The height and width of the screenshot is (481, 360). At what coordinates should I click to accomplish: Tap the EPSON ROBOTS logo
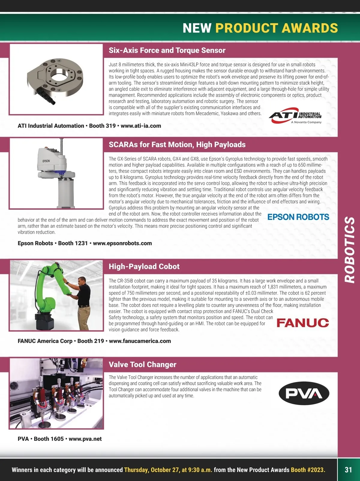[298, 217]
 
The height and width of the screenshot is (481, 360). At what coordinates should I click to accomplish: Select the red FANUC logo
[302, 323]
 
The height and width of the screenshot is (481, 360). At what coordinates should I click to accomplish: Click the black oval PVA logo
[304, 393]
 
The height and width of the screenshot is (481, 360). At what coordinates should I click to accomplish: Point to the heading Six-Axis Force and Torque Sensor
[167, 50]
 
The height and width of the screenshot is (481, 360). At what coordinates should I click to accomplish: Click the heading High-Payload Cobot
[144, 266]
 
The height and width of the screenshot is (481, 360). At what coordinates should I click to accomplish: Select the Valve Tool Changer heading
[142, 365]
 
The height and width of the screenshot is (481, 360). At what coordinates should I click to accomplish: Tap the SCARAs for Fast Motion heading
[177, 145]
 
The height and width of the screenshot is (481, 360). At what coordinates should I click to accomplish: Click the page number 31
[348, 470]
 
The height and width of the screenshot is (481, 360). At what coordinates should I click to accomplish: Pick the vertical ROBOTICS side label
[349, 250]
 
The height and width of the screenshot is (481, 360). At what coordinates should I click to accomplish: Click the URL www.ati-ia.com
[141, 126]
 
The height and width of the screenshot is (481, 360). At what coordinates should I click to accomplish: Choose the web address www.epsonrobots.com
[122, 243]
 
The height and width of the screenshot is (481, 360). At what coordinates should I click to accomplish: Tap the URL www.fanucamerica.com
[140, 341]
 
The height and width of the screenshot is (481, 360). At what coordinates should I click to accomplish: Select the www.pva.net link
[85, 439]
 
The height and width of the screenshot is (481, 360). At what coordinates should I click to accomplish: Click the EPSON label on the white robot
[46, 161]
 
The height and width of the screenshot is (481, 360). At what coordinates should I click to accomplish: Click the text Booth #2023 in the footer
[308, 470]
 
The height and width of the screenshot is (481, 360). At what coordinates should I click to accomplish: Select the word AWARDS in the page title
[310, 28]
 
